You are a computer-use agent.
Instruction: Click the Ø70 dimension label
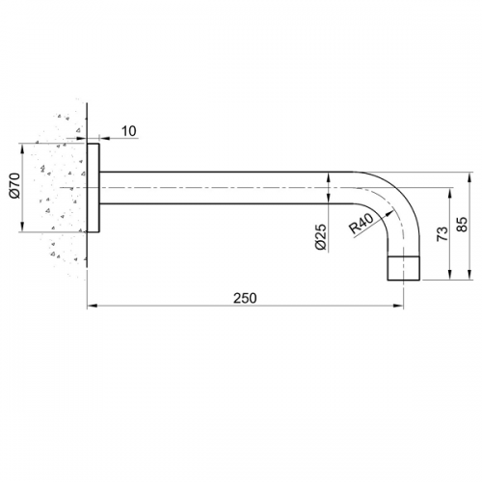click(15, 186)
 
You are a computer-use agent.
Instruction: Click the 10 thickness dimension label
click(129, 131)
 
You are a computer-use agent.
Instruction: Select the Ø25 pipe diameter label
click(321, 236)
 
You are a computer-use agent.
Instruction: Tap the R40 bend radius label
click(361, 224)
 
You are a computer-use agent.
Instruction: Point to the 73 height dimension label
click(442, 234)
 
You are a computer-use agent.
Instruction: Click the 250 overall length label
click(245, 298)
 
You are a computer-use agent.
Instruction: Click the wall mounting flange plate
click(94, 188)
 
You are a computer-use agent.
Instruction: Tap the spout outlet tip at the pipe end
click(404, 268)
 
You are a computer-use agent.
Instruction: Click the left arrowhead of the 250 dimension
click(92, 306)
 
